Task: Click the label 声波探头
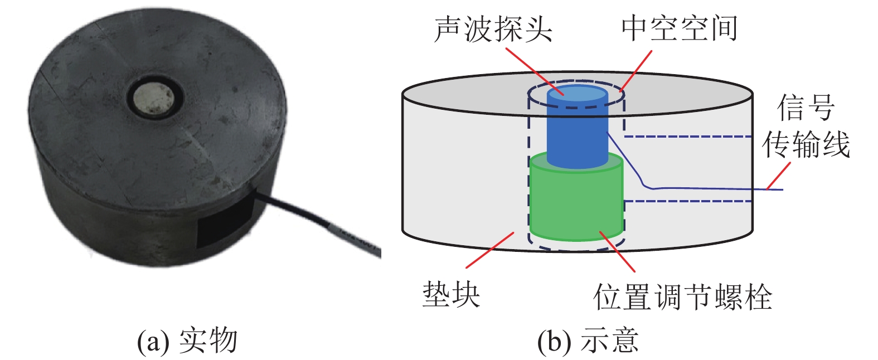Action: pyautogui.click(x=493, y=29)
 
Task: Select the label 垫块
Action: pyautogui.click(x=451, y=293)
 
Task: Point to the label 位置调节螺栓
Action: pyautogui.click(x=682, y=296)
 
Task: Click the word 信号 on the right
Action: pyautogui.click(x=806, y=108)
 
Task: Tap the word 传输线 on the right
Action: pyautogui.click(x=806, y=145)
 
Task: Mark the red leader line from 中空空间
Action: pyautogui.click(x=636, y=70)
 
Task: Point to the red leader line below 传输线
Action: pyautogui.click(x=779, y=175)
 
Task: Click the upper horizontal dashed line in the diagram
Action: pyautogui.click(x=688, y=137)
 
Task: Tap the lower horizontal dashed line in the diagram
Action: pyautogui.click(x=688, y=201)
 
